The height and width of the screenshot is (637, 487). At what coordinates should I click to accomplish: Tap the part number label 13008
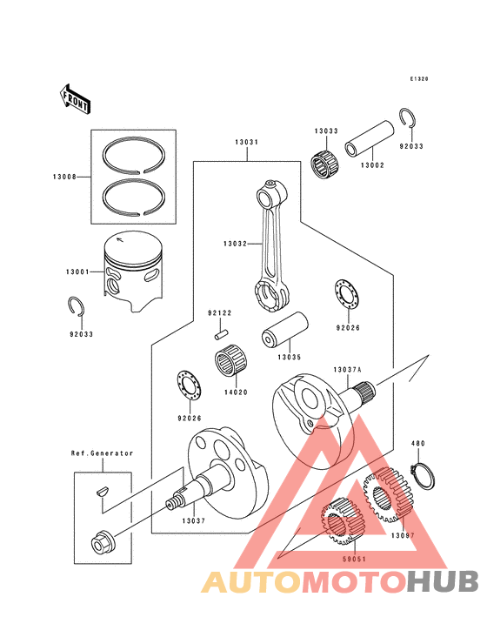click(63, 177)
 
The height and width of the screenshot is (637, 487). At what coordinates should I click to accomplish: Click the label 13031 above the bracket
click(245, 143)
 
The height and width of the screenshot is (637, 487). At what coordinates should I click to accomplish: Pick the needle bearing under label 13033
click(325, 163)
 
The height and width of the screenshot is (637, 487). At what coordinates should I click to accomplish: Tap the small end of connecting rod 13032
click(270, 185)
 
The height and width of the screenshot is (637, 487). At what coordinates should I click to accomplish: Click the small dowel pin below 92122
click(221, 331)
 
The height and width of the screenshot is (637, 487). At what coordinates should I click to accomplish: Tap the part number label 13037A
click(346, 370)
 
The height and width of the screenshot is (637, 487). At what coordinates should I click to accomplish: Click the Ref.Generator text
click(102, 453)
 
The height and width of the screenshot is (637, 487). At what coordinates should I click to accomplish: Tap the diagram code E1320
click(420, 78)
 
